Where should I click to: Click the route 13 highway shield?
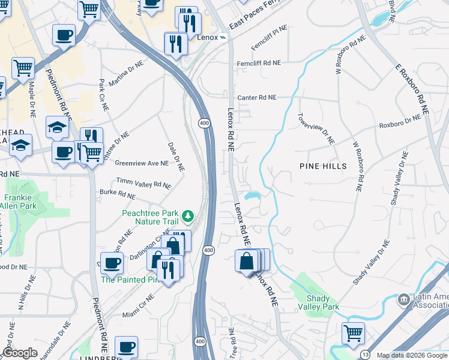click(365, 355)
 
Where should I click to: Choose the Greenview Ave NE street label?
click(142, 163)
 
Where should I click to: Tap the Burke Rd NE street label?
click(118, 194)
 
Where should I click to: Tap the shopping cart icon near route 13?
click(353, 332)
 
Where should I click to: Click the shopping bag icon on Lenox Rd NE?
click(247, 262)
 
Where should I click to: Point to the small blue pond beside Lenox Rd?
click(252, 196)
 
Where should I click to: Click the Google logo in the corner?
click(20, 353)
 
